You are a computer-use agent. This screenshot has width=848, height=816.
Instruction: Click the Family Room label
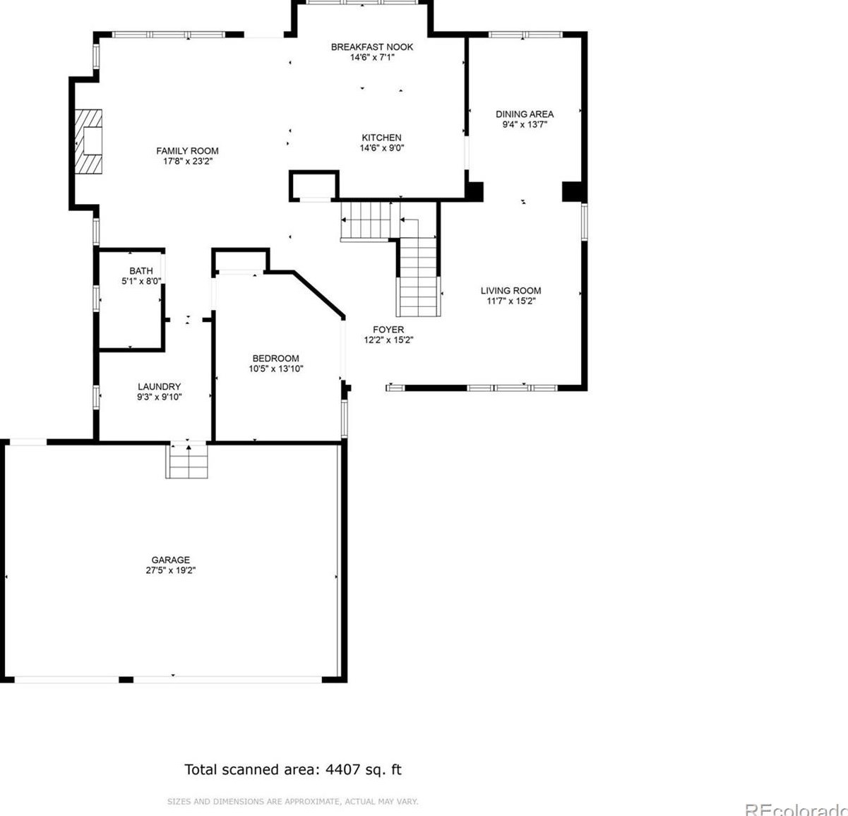click(187, 151)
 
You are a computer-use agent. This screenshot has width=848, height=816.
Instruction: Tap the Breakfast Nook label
click(371, 47)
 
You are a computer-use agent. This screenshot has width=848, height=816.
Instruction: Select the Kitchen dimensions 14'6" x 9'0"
click(382, 148)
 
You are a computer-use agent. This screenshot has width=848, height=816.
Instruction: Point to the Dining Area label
click(525, 114)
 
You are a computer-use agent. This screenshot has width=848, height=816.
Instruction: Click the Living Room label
click(510, 291)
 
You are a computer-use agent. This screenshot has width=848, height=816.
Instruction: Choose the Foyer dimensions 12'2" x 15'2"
click(388, 340)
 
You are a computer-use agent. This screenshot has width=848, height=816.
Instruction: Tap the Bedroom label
click(276, 358)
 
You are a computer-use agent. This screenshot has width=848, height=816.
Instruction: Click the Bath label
click(141, 270)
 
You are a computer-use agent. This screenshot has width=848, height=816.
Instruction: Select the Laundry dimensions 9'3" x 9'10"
click(159, 397)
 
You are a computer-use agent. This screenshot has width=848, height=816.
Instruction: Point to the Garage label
click(170, 559)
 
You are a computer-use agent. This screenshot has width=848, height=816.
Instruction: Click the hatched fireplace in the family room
click(88, 142)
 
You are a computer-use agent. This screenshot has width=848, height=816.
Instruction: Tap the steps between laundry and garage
click(186, 460)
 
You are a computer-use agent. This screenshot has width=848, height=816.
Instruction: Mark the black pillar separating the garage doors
click(126, 679)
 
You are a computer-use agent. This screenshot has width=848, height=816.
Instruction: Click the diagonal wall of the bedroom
click(319, 294)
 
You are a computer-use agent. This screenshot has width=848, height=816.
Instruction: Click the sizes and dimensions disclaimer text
click(293, 801)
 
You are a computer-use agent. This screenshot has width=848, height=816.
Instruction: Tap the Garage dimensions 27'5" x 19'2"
click(171, 570)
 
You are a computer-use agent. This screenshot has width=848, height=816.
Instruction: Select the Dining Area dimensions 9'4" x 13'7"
click(525, 125)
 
